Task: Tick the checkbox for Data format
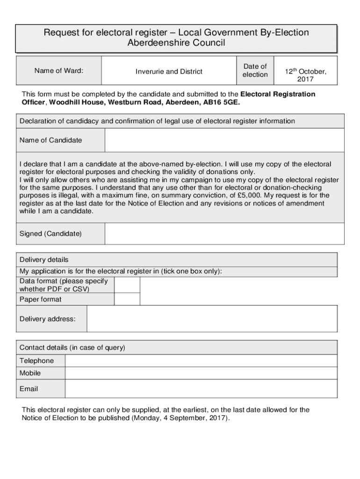pos(127,285)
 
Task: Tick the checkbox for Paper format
pos(127,299)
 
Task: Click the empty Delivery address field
pos(212,319)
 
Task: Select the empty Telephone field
pos(201,361)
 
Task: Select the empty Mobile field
pos(201,373)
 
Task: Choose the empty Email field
pos(201,389)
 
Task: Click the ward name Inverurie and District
pos(169,72)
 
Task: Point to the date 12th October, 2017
pos(306,75)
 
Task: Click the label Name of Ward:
pos(59,71)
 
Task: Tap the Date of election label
pos(255,71)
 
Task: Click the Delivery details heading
pos(44,260)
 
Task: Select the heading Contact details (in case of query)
pos(72,348)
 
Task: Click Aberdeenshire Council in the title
pos(176,44)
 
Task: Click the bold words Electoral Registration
pos(278,94)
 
